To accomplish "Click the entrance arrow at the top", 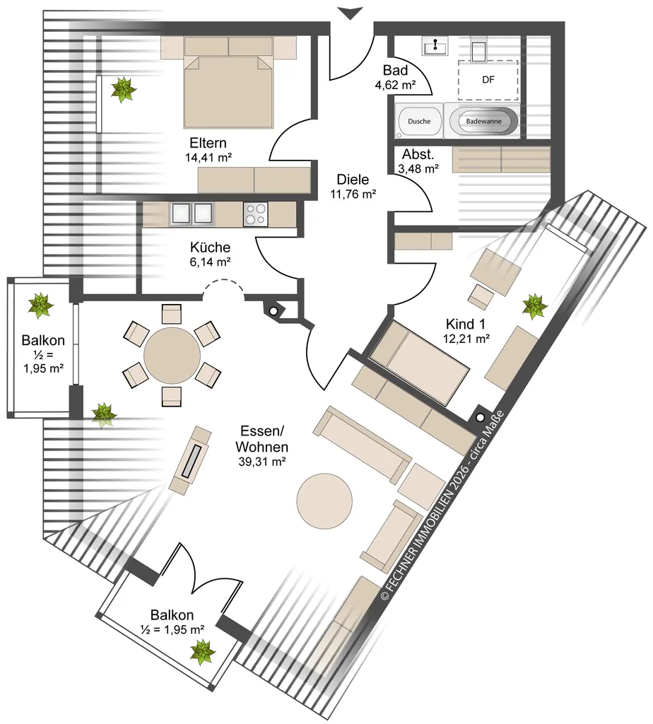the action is point(351,13).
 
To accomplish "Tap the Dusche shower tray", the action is point(419,121).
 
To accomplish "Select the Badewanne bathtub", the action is point(483,122).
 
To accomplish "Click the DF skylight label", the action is point(488,80).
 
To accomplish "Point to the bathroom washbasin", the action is point(435,46).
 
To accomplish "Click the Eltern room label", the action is point(208,143).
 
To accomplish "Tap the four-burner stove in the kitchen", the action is point(255,214).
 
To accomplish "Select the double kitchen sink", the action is point(192,214).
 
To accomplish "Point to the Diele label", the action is point(353,180).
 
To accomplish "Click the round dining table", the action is point(172,356).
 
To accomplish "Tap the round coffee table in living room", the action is point(324,502).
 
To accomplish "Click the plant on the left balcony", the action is point(40,305).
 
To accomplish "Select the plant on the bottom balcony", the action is point(203,652).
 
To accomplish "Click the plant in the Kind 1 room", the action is point(535,306).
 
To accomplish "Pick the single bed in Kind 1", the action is point(420,363).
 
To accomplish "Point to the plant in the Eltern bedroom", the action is point(124,90).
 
